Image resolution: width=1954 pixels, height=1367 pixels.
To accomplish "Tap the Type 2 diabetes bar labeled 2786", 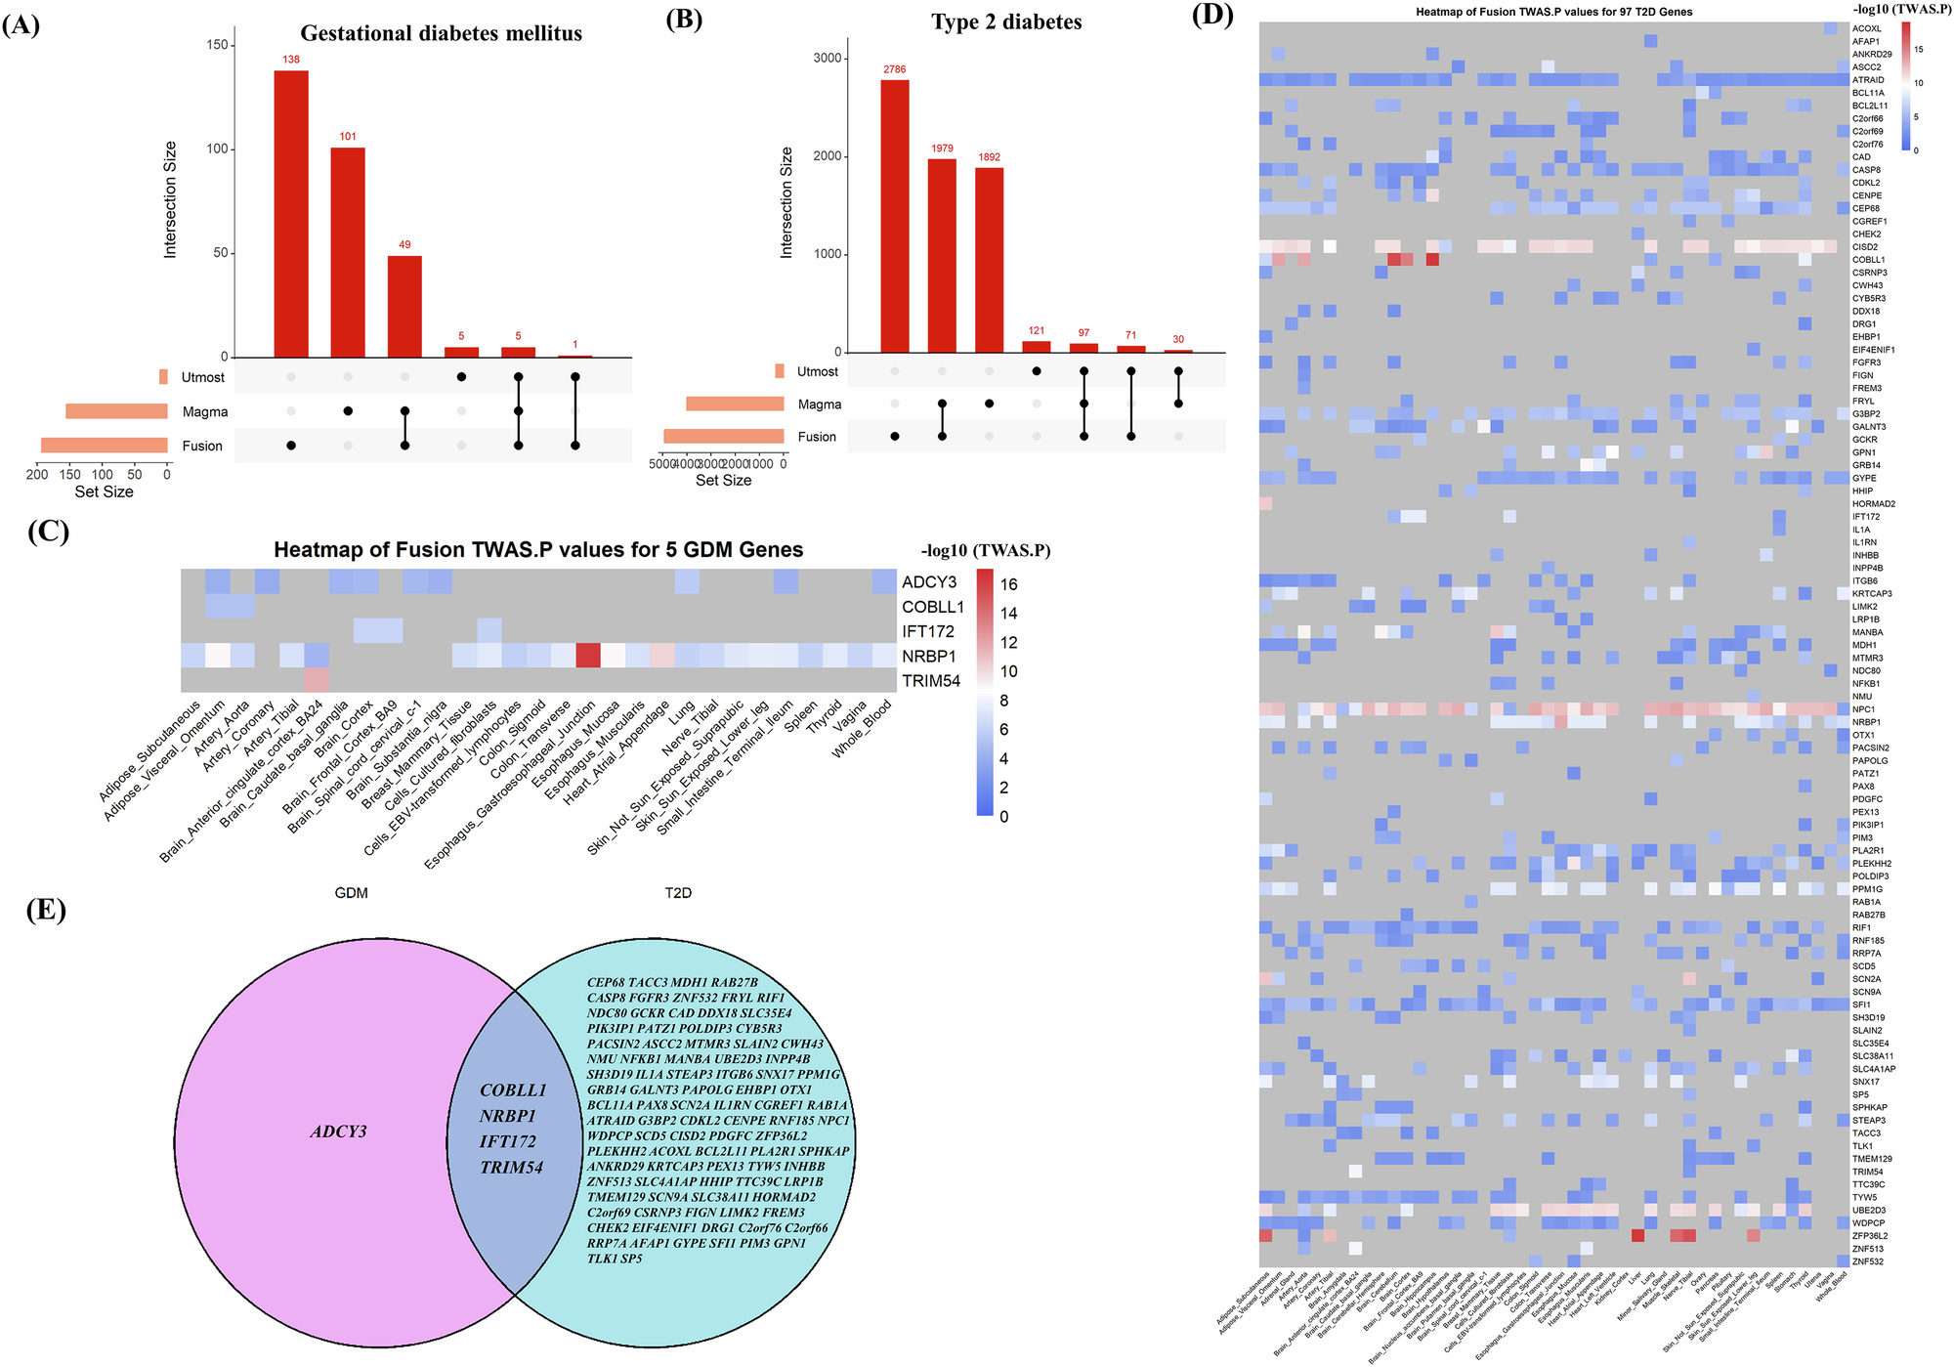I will click(x=894, y=215).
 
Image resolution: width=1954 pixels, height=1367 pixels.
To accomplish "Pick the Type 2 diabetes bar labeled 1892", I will click(x=989, y=259).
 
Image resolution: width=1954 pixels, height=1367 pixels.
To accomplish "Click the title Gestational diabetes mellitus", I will click(x=441, y=33).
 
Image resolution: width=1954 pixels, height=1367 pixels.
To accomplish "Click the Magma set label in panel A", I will click(x=204, y=411).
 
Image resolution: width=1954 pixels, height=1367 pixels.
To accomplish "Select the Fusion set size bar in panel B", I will click(x=723, y=436).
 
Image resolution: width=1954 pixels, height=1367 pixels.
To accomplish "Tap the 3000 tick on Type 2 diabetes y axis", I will click(x=827, y=58).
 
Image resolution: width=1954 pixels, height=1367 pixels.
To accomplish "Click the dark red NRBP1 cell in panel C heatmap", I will click(x=587, y=656).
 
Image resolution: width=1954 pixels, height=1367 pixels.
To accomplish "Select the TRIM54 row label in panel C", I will click(x=930, y=681).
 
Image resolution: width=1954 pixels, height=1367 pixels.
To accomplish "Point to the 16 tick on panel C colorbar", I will click(x=1008, y=584).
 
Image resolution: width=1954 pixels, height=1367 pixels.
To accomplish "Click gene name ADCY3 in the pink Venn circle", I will click(x=338, y=1132).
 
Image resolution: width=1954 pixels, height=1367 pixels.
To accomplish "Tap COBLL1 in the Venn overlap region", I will click(x=513, y=1089).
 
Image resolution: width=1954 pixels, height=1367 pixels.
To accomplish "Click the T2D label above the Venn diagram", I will click(x=677, y=892).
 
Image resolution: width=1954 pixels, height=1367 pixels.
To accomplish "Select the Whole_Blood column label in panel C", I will click(x=862, y=729).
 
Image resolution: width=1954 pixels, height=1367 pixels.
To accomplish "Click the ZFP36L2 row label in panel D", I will click(x=1869, y=1236).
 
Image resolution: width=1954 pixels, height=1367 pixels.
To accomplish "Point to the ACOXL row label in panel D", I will click(x=1866, y=28).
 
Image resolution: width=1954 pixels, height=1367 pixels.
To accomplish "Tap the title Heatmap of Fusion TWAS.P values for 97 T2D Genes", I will click(x=1553, y=12).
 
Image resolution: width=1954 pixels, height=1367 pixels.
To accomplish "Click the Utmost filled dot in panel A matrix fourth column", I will click(x=461, y=377).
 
